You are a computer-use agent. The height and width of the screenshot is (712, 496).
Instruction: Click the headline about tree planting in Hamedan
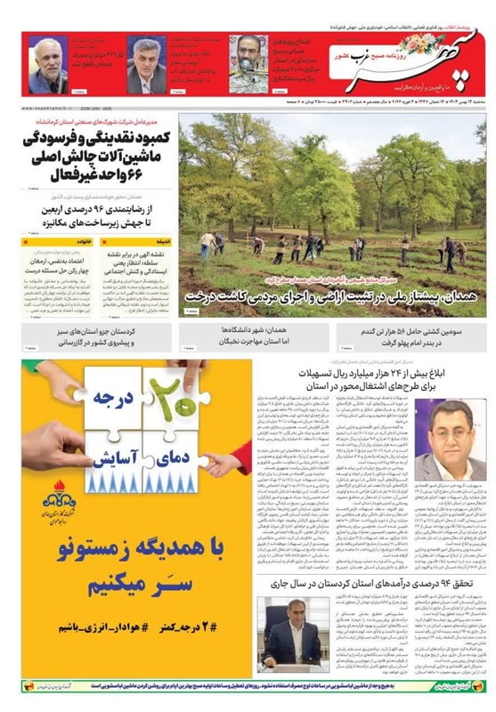334,295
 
